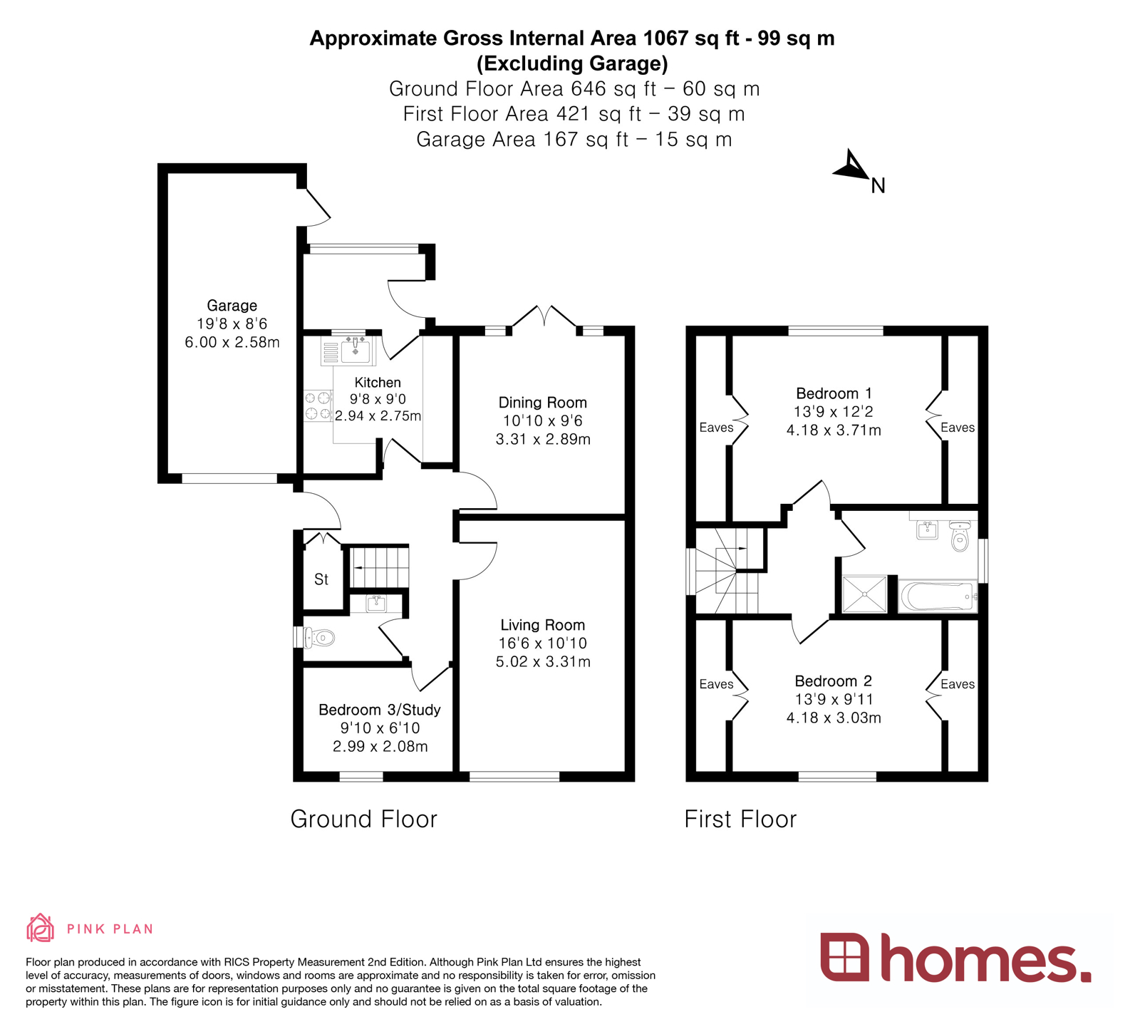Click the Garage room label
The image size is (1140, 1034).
232,306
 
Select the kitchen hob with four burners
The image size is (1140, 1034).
318,405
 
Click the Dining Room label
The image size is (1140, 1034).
542,403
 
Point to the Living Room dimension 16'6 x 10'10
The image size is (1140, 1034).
542,643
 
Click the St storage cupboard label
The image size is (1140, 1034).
321,579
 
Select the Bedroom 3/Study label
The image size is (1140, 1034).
379,710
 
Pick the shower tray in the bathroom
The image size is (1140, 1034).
864,594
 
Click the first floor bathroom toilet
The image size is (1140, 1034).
960,537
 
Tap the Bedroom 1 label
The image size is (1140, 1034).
834,393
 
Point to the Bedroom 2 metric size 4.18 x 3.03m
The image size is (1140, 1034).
834,718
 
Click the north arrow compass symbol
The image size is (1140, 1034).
851,167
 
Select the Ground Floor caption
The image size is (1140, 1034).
363,820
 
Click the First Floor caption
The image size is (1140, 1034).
740,820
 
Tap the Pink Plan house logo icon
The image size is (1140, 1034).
40,928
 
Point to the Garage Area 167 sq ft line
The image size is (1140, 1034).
574,139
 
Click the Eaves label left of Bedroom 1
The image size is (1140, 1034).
716,428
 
